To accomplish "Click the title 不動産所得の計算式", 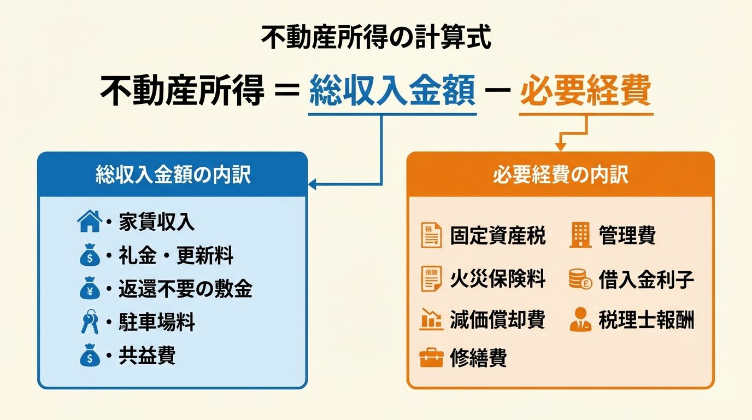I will (x=376, y=38).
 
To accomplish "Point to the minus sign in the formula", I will (x=497, y=91).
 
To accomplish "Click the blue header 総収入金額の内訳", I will (x=173, y=175).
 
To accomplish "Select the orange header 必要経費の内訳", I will (x=560, y=175).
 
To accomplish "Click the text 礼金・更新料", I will (x=176, y=255).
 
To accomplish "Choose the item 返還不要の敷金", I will (x=185, y=289).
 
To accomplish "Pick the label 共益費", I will (x=147, y=356).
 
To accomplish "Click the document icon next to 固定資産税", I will (x=431, y=236).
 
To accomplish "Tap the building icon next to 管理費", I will (x=580, y=236).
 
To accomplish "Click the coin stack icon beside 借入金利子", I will (x=580, y=279).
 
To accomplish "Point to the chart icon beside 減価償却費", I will (x=431, y=319).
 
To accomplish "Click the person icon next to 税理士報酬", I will (x=580, y=320).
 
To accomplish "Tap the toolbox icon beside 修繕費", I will (x=431, y=358).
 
